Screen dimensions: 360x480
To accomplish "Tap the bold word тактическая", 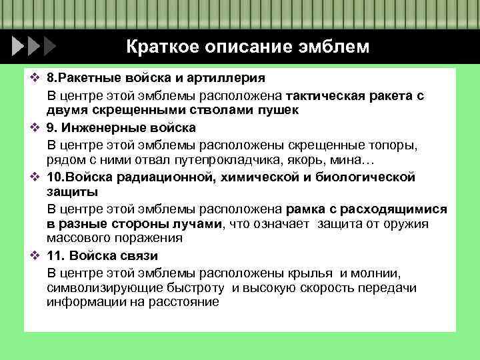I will coord(326,95).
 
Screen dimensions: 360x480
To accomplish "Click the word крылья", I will coord(311,273).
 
